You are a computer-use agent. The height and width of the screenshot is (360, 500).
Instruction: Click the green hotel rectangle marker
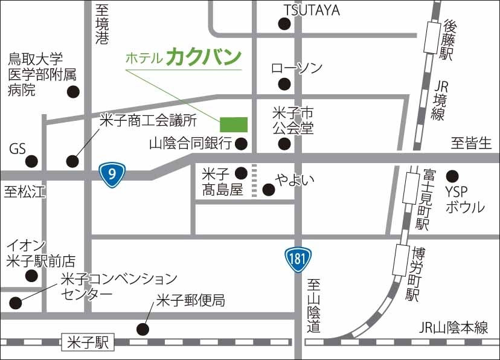pyautogui.click(x=233, y=124)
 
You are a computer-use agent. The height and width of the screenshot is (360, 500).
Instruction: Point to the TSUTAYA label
pyautogui.click(x=312, y=10)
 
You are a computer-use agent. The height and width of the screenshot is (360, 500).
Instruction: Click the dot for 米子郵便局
pyautogui.click(x=143, y=329)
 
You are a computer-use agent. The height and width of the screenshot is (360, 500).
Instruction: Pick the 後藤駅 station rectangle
pyautogui.click(x=432, y=37)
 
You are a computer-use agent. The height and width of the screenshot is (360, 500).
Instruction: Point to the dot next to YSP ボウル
pyautogui.click(x=452, y=177)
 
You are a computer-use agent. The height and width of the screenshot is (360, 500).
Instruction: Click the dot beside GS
pyautogui.click(x=31, y=161)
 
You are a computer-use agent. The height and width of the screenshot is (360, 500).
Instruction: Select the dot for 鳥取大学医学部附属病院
pyautogui.click(x=73, y=92)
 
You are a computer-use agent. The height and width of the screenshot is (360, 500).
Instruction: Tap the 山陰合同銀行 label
pyautogui.click(x=190, y=144)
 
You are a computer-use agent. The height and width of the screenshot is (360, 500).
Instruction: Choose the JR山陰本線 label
pyautogui.click(x=454, y=328)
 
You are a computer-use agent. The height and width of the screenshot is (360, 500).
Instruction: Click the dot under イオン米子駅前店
pyautogui.click(x=31, y=277)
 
